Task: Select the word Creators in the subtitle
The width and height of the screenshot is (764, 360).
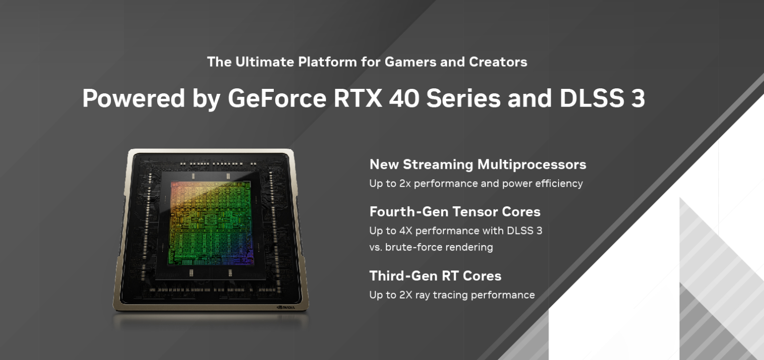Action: [498, 62]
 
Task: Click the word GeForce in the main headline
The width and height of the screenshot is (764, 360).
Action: [277, 98]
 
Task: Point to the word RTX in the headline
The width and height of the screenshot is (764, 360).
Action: [358, 98]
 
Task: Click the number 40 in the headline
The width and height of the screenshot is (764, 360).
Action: [404, 98]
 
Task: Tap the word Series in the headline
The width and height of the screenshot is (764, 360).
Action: [463, 98]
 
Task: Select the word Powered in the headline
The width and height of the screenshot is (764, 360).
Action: [134, 98]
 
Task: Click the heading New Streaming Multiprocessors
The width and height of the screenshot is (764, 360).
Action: [478, 164]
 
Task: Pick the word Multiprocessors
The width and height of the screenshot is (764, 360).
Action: [532, 165]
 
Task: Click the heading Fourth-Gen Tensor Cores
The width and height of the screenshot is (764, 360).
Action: [455, 212]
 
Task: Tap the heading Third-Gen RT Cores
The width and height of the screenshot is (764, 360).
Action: [435, 276]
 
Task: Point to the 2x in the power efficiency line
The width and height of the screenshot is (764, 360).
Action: [405, 183]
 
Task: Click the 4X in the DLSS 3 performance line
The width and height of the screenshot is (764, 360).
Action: [406, 231]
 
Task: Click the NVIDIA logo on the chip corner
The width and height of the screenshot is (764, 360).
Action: [286, 307]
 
